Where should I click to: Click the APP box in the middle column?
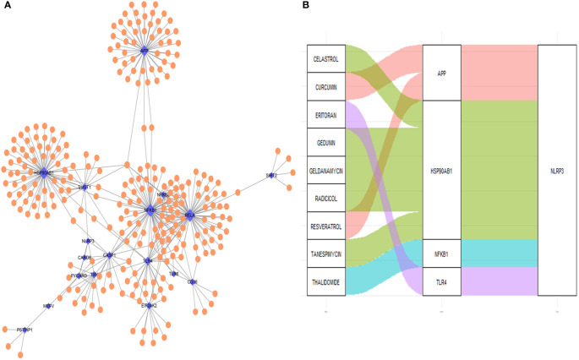point(440,73)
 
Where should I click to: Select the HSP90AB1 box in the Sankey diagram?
point(440,169)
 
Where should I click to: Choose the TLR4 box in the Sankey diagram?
point(440,281)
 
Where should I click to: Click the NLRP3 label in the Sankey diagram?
point(558,169)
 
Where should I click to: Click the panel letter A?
point(7,7)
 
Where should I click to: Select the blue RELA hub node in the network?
point(188,216)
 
